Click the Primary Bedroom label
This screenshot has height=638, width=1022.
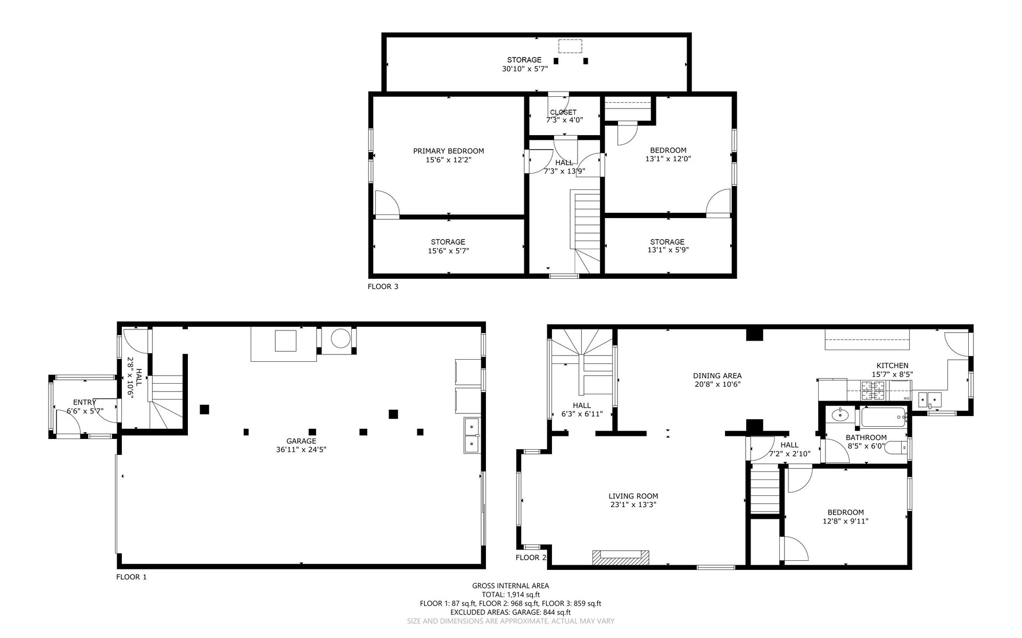click(449, 151)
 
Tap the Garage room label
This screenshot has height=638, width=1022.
click(301, 441)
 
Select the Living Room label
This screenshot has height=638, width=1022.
click(633, 496)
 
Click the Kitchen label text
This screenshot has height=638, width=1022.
click(893, 366)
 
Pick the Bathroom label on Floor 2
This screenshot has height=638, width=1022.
click(867, 437)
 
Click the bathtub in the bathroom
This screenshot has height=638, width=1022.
click(884, 417)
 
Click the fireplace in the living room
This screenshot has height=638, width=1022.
click(621, 557)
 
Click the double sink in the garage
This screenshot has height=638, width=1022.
click(472, 435)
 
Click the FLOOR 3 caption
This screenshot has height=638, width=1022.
click(383, 286)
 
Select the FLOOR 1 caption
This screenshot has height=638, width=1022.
click(131, 577)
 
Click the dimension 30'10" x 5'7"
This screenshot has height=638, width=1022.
click(524, 68)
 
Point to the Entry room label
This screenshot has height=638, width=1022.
click(85, 402)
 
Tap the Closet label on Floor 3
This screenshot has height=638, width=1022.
click(563, 112)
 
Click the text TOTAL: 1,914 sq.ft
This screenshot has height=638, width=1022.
click(510, 594)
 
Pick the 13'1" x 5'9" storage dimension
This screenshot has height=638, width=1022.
click(667, 250)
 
